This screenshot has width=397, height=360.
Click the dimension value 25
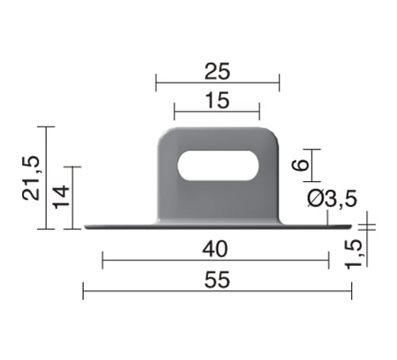tap(217, 71)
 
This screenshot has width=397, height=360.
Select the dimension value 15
tap(217, 100)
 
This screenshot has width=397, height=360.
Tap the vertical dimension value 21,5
tap(31, 178)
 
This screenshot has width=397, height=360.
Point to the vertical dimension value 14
tap(61, 197)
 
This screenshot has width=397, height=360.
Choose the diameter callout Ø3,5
tap(332, 199)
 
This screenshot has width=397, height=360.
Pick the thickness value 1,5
tap(354, 254)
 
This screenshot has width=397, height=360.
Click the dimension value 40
tap(215, 249)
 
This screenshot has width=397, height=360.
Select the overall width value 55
tap(217, 280)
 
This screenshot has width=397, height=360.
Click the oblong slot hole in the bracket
tap(218, 165)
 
